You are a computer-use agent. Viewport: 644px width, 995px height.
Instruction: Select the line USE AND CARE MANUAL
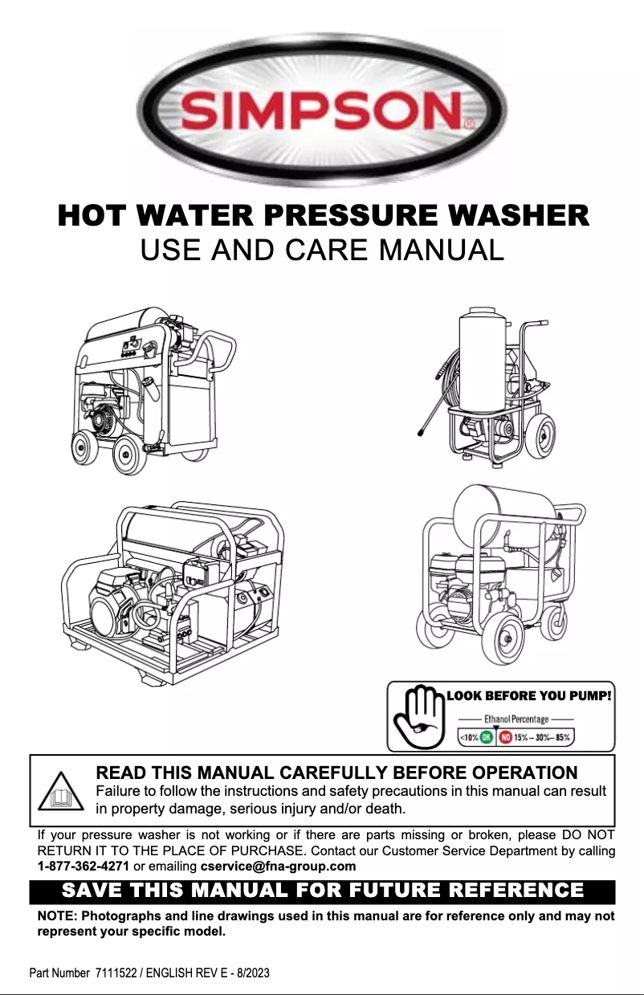(x=322, y=251)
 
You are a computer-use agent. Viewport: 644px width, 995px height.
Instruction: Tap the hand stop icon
(x=417, y=716)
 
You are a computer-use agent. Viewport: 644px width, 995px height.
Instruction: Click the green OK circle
(x=487, y=736)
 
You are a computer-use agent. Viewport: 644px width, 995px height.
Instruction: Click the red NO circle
(x=505, y=736)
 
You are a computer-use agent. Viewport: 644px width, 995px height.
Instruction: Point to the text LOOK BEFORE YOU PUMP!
(x=529, y=695)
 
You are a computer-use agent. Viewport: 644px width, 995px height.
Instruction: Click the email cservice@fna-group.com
(x=278, y=867)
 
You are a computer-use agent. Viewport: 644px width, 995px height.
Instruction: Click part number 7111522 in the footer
(x=116, y=973)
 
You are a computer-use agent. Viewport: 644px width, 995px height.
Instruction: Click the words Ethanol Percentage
(x=516, y=720)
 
